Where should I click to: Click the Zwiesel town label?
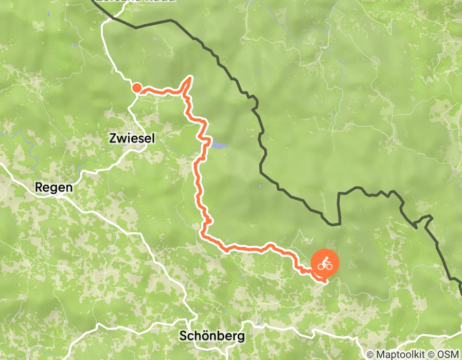click(132, 138)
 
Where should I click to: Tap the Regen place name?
click(54, 188)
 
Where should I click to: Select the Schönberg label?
click(212, 336)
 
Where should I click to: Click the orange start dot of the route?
click(137, 88)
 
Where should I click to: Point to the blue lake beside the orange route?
click(219, 146)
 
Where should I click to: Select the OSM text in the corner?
click(449, 354)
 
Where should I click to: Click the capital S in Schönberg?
click(183, 336)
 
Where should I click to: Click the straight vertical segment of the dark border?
click(340, 208)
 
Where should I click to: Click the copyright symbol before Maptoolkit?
click(370, 354)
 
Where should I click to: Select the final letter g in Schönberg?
click(241, 337)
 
